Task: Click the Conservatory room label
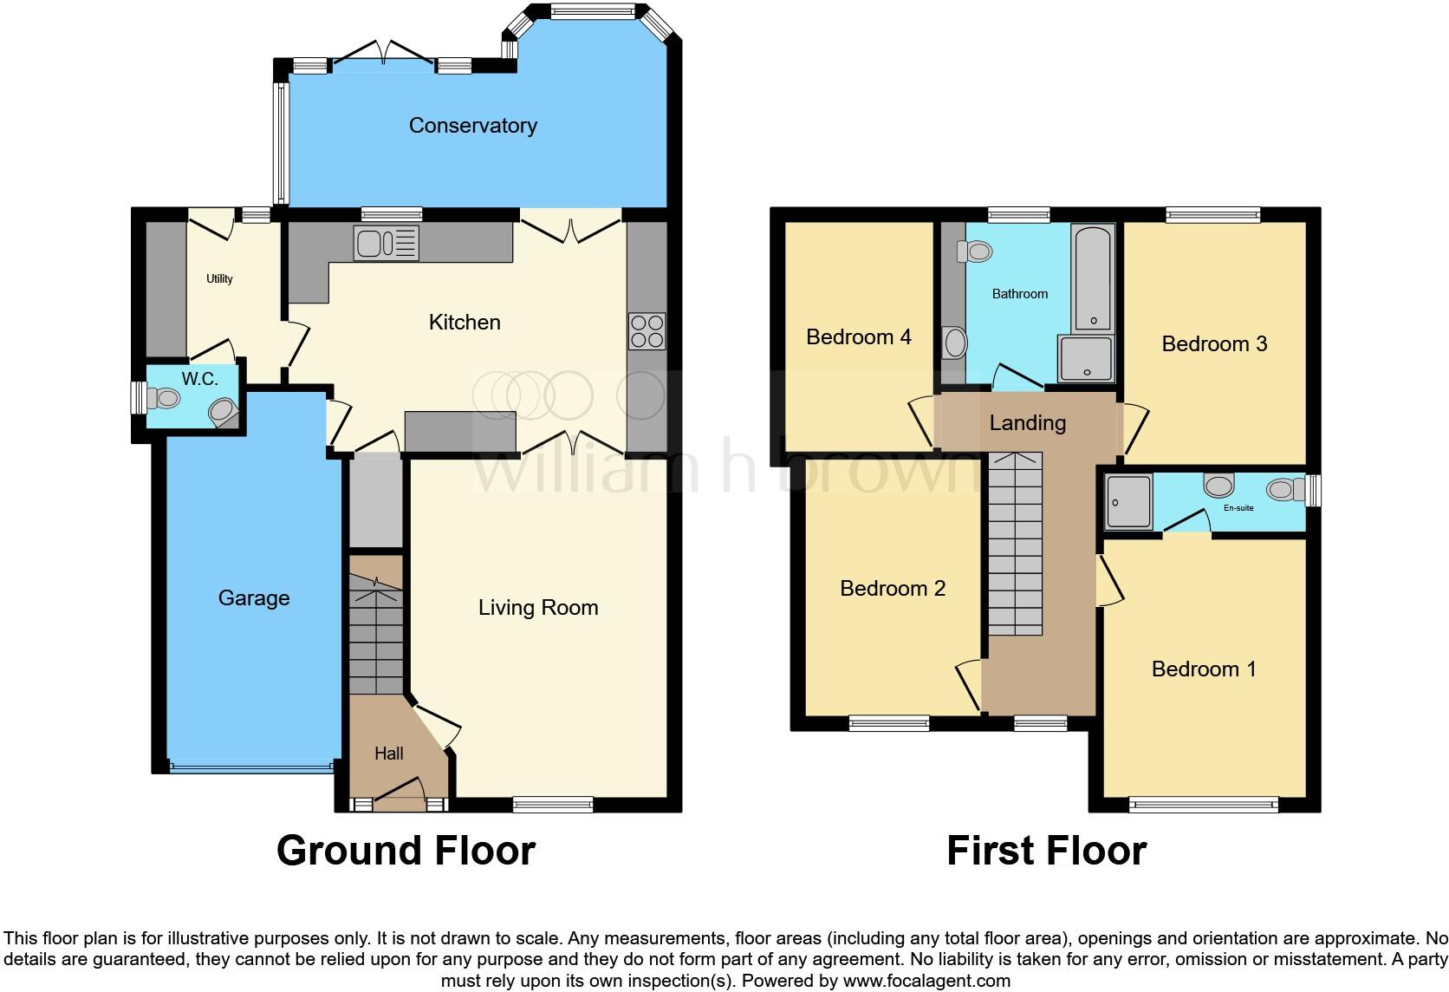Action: (472, 126)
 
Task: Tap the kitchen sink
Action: (386, 242)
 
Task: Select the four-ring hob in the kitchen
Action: (647, 330)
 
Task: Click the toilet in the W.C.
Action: (163, 398)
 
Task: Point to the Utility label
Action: (219, 279)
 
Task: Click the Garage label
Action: (254, 598)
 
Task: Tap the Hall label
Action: (388, 754)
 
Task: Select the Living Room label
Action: (538, 608)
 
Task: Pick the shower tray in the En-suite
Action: (1128, 502)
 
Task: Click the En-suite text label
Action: (1238, 508)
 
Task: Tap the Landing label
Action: (1027, 423)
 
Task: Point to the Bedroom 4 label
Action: (858, 337)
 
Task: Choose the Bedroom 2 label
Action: (893, 589)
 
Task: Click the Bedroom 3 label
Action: (1214, 344)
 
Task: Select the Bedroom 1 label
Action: (1203, 669)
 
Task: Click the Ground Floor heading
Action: (406, 851)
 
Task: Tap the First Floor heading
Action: (1046, 851)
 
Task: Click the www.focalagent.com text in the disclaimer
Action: (926, 982)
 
